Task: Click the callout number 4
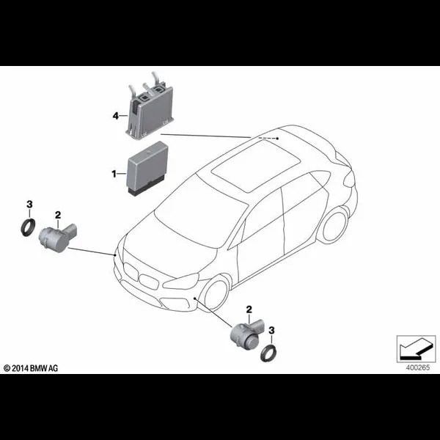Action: point(115,115)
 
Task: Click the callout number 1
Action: point(114,173)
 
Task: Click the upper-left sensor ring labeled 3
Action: point(30,227)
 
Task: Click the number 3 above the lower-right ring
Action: point(271,329)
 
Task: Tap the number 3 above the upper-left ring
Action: point(29,202)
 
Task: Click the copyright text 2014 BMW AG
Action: point(34,366)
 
